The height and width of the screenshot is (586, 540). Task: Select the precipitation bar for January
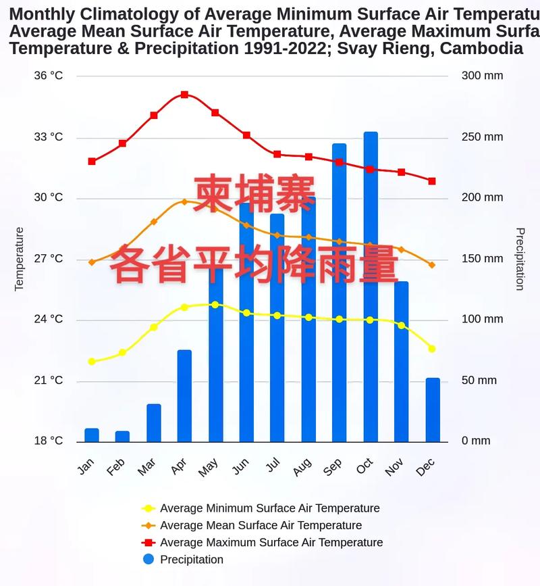click(x=92, y=435)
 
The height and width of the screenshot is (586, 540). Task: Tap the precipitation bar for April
click(x=184, y=396)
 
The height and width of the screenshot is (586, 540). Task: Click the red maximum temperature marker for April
click(x=184, y=95)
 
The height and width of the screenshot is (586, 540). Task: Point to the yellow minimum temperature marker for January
click(x=92, y=362)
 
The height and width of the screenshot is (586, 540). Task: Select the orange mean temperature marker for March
click(x=154, y=222)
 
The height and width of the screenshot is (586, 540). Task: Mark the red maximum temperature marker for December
click(x=432, y=181)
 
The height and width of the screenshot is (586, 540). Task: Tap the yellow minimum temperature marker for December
click(x=432, y=349)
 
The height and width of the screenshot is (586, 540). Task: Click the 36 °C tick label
click(x=48, y=76)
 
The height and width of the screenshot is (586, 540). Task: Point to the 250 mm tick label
click(x=482, y=137)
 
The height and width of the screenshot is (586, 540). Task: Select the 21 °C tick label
click(x=48, y=381)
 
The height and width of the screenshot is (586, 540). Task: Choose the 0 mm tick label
click(x=476, y=441)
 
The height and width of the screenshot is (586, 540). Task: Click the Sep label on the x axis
click(x=333, y=467)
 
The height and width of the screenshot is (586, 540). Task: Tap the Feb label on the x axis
click(x=116, y=467)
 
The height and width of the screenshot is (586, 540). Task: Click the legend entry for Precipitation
click(x=191, y=560)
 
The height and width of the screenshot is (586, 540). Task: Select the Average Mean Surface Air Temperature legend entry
click(x=261, y=525)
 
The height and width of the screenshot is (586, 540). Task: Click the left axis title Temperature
click(x=19, y=259)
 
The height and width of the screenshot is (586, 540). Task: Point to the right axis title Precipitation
click(x=520, y=259)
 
